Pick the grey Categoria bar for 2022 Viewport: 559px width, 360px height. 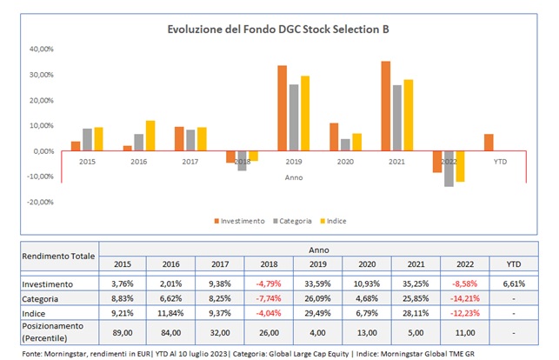click(x=449, y=169)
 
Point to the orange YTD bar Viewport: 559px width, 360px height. click(x=489, y=143)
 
